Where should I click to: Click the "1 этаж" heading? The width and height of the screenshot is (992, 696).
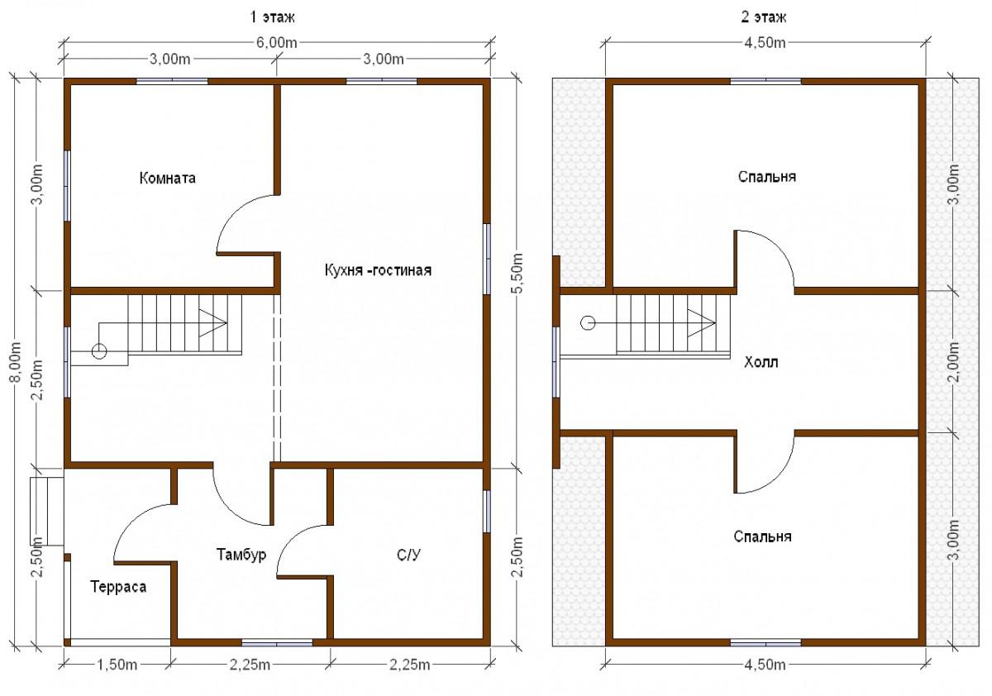272,17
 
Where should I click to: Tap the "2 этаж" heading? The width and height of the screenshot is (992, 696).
764,17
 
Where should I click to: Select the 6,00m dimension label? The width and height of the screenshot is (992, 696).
277,42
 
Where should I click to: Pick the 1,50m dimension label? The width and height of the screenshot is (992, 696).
117,665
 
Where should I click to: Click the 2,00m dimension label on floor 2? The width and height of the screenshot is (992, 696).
954,362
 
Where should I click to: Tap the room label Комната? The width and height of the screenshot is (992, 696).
167,178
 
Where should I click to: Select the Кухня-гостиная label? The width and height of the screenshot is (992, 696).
378,270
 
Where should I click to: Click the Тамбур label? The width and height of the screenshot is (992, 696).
241,555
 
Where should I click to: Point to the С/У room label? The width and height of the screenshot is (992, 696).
408,555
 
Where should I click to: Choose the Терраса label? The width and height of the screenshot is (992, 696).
118,587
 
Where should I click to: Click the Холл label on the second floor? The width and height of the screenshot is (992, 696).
761,362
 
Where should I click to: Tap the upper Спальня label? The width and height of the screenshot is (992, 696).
767,177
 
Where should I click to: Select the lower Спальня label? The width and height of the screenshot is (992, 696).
762,536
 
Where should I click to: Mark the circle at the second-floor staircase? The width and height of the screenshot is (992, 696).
588,322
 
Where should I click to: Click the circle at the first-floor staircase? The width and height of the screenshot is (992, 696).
99,351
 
